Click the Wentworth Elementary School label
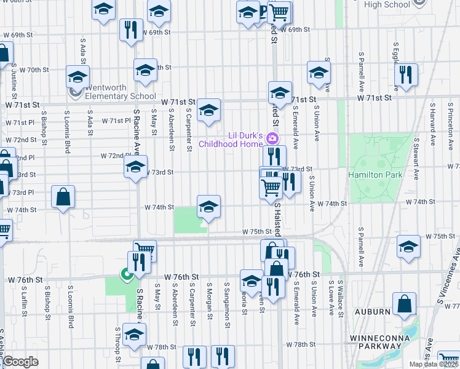(120, 92)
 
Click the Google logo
(20, 362)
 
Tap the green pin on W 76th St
(127, 276)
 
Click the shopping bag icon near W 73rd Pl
(63, 197)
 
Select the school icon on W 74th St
(208, 207)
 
